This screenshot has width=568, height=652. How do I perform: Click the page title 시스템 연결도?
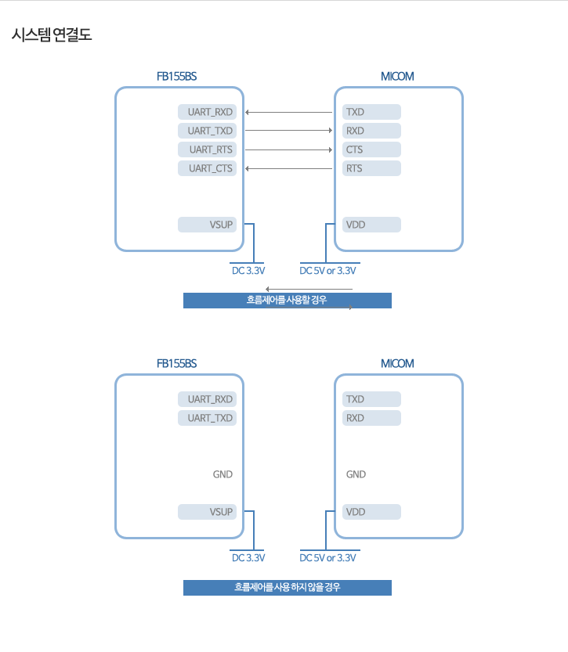pos(52,34)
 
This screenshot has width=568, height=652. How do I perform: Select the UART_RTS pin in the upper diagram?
pos(207,149)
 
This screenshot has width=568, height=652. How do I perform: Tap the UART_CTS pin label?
pos(207,168)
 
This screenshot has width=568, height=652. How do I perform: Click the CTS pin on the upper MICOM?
pos(371,149)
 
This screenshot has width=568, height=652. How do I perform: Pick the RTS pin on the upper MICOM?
pos(371,168)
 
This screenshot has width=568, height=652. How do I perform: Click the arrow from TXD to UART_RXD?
pos(289,112)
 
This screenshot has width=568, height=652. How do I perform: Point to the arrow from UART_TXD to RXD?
pos(289,131)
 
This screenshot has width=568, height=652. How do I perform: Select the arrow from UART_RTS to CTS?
pos(289,149)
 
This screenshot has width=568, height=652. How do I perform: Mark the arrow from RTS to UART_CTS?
pos(289,168)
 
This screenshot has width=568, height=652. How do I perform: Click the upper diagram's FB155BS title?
pos(176,77)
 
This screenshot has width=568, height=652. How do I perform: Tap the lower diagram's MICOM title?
pos(397,364)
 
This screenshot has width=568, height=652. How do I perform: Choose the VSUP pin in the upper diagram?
pos(207,225)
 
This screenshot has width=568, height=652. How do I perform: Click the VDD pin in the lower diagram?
pos(371,512)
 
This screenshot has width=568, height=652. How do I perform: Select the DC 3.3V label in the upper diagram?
pos(248,271)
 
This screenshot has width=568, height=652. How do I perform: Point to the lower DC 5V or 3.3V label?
pos(328,558)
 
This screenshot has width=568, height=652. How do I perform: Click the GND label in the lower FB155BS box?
pos(222,474)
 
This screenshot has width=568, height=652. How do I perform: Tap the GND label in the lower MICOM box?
pos(356,474)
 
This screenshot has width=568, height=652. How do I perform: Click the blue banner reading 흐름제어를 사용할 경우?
pos(287,301)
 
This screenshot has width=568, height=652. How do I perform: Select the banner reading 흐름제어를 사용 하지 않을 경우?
pos(287,588)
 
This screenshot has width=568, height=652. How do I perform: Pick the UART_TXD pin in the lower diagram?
pos(207,418)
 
